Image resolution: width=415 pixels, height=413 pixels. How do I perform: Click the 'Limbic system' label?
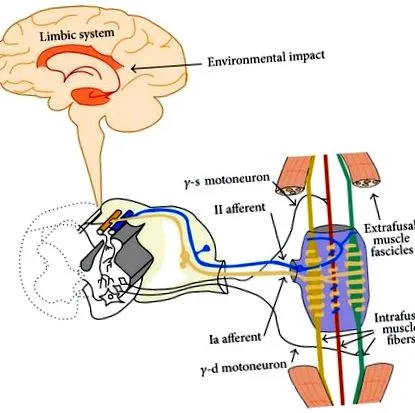77,35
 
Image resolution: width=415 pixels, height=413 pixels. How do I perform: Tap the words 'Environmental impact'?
266,59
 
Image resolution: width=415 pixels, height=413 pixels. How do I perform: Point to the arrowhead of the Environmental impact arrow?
133,69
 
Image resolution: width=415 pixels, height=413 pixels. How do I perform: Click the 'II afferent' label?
240,209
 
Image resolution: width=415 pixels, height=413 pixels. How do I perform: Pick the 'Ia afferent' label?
235,338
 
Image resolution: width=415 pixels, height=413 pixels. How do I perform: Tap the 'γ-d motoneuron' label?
244,367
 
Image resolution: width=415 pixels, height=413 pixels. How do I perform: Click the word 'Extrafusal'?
389,229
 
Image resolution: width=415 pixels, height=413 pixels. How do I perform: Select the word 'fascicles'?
392,250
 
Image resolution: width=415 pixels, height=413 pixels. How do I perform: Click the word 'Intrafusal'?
394,317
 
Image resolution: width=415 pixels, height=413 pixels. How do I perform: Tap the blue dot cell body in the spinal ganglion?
206,248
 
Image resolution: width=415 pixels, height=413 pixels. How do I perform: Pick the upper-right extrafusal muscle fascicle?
362,170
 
